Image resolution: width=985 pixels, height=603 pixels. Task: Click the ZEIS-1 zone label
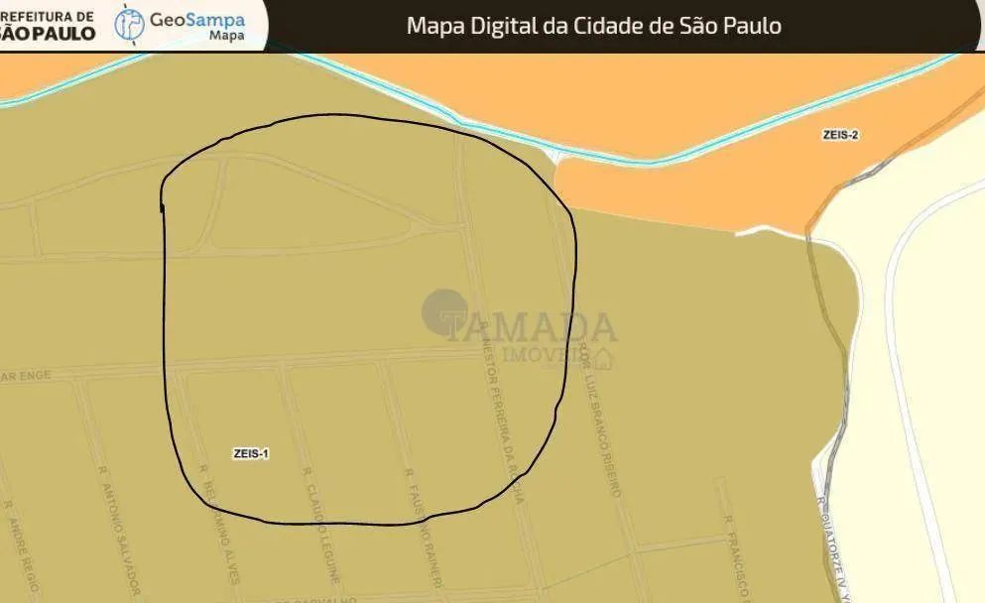(251, 453)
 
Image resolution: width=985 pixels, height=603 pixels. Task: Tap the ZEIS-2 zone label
(839, 135)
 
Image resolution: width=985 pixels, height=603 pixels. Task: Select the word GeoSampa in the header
(197, 19)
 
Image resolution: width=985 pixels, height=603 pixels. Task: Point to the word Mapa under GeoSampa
(227, 37)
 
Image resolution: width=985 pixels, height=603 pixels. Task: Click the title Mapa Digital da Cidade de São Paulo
(593, 25)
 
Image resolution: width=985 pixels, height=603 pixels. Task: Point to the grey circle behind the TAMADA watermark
(443, 309)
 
